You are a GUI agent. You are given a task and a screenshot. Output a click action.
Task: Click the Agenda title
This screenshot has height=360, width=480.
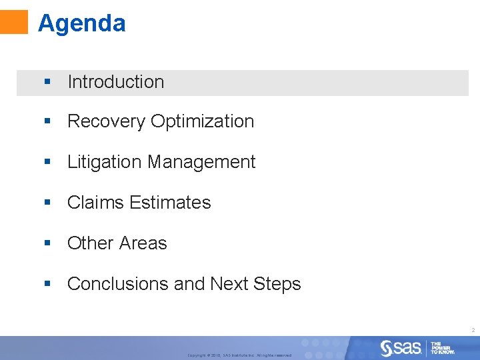(81, 23)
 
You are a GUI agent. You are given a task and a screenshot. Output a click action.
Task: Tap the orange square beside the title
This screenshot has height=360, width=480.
(14, 21)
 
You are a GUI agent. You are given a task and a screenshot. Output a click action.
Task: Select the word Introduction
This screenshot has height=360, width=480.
(115, 82)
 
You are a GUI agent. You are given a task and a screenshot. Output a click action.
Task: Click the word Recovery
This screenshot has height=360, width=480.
(107, 121)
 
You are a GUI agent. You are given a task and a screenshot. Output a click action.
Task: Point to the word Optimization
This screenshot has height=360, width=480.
(203, 121)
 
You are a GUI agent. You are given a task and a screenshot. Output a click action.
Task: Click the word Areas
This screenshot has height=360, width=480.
(145, 243)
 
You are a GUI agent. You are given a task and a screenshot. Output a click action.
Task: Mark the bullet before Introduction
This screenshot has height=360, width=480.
(47, 82)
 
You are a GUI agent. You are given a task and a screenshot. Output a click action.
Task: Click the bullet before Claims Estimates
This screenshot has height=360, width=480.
(47, 203)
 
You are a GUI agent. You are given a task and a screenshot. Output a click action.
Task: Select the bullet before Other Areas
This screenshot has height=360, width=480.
(47, 243)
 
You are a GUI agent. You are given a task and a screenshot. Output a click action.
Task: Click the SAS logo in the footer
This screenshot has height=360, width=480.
(401, 347)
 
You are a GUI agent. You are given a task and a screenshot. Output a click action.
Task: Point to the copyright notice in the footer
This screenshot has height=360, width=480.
(239, 355)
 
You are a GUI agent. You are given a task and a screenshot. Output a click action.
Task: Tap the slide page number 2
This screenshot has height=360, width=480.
(473, 330)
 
